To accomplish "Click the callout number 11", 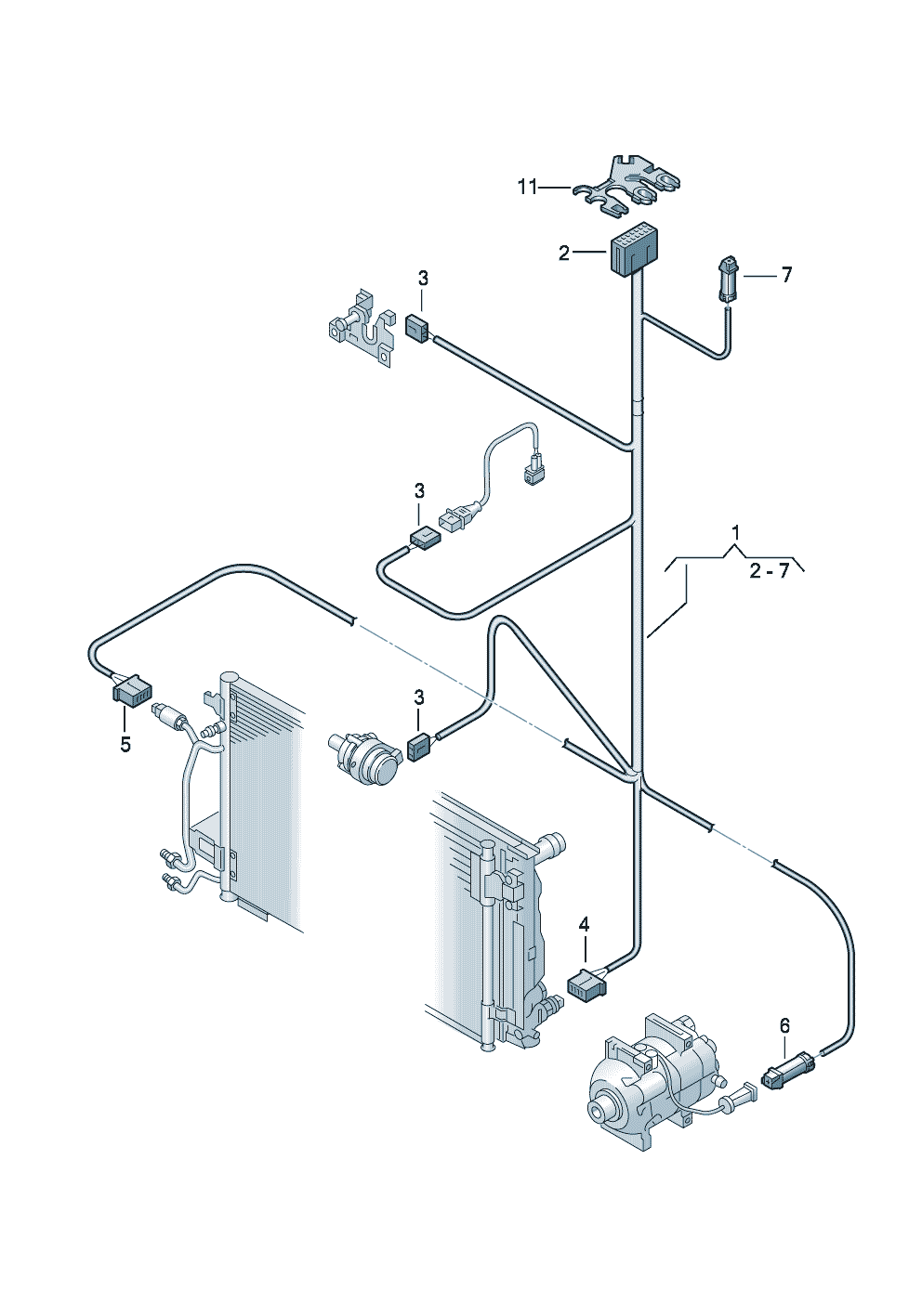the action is pyautogui.click(x=528, y=188).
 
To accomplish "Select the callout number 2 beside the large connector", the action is pyautogui.click(x=563, y=253).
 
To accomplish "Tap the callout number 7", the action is pyautogui.click(x=786, y=275).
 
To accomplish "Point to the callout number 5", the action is pyautogui.click(x=125, y=744).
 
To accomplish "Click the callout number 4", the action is pyautogui.click(x=584, y=923).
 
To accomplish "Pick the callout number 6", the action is pyautogui.click(x=784, y=1026).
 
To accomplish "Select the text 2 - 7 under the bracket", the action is pyautogui.click(x=769, y=571).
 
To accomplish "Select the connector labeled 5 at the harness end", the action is pyautogui.click(x=131, y=690).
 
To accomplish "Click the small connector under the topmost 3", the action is pyautogui.click(x=417, y=329).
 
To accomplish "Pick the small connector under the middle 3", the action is pyautogui.click(x=425, y=538).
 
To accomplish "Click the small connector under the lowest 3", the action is pyautogui.click(x=420, y=748).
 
